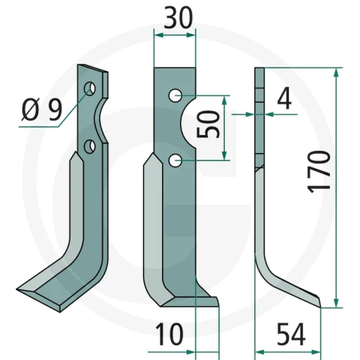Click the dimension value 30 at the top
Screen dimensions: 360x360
178,18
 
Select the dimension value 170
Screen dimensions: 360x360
319,172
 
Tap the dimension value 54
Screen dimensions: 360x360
291,334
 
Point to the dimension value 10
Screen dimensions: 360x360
169,334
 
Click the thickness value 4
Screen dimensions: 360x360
284,98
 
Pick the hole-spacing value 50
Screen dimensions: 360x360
208,124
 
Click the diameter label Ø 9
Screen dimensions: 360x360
41,109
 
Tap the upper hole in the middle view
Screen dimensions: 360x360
175,95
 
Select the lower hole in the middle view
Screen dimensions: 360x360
175,160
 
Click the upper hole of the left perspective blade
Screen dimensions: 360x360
89,88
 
